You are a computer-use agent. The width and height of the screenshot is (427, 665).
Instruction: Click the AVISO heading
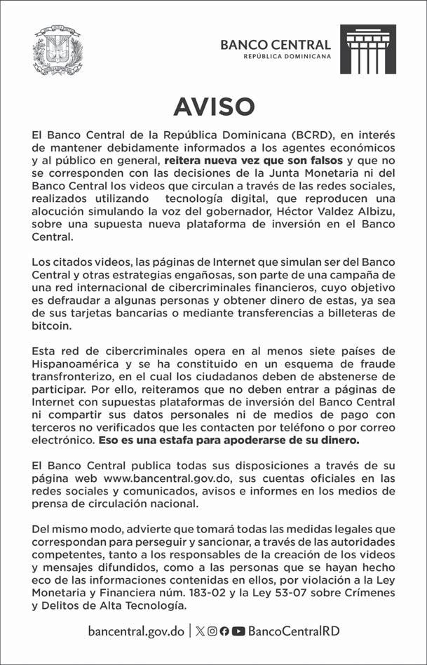click(x=213, y=106)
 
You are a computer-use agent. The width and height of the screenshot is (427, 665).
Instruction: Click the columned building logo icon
click(x=367, y=49)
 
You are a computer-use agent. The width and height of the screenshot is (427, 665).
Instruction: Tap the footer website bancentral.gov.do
click(x=136, y=631)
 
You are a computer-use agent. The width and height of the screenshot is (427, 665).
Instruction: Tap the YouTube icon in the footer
click(x=238, y=631)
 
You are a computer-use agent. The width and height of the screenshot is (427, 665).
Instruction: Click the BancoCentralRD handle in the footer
click(x=294, y=631)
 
